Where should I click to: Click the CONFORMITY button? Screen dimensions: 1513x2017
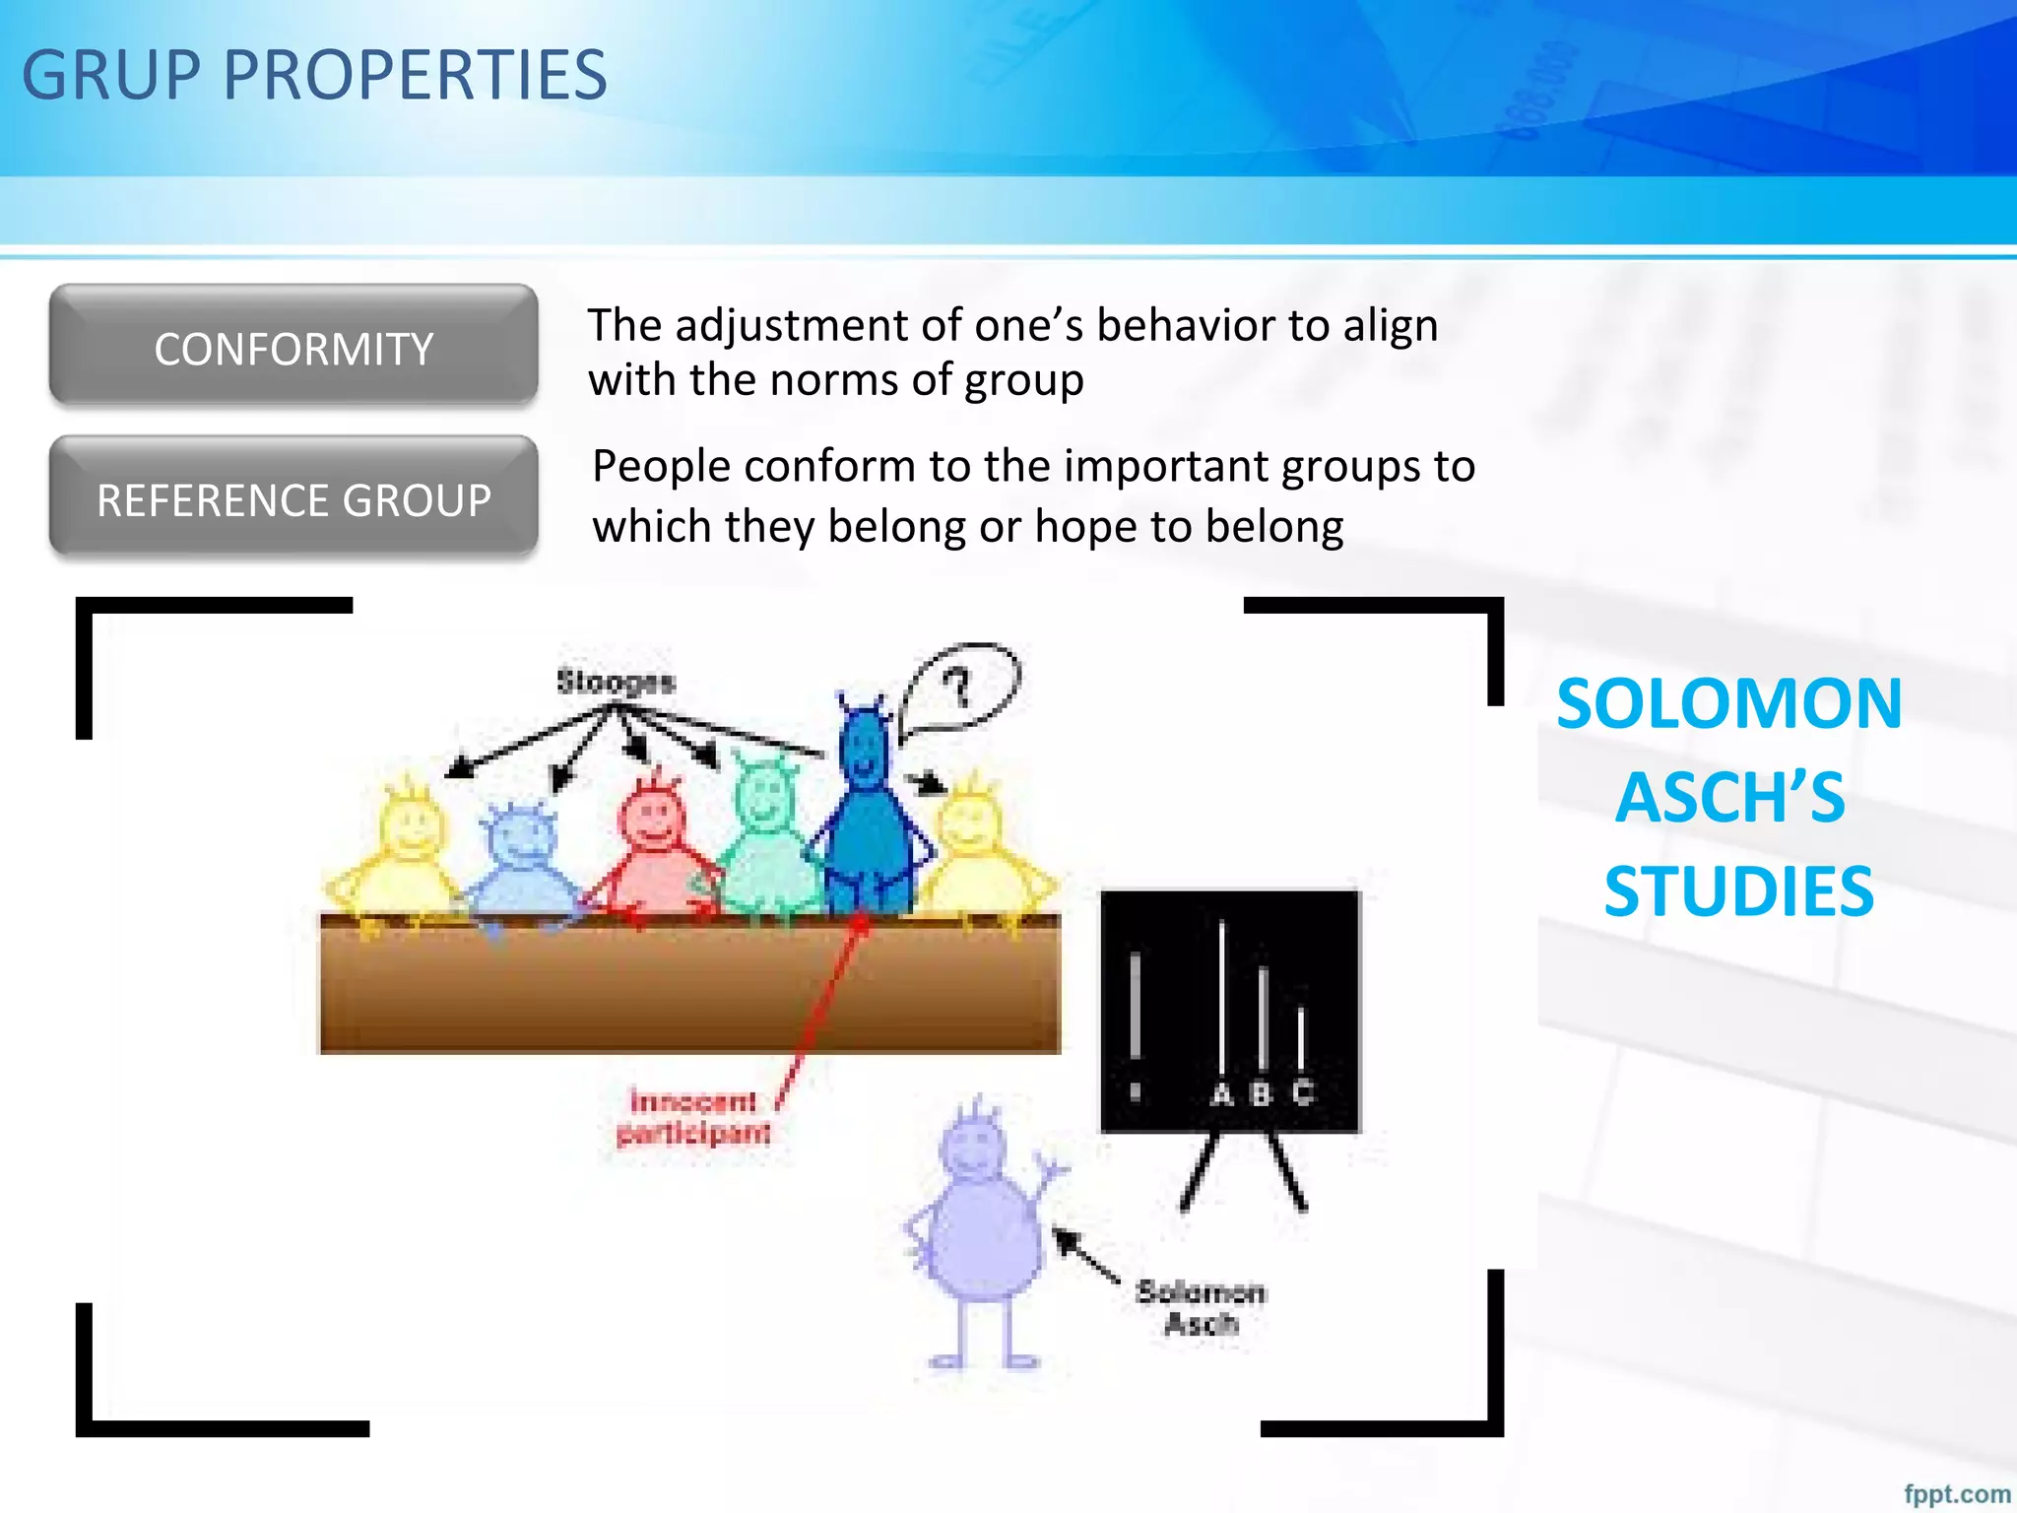point(293,348)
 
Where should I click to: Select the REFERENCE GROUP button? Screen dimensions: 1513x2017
point(293,499)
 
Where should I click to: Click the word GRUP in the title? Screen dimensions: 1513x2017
point(111,76)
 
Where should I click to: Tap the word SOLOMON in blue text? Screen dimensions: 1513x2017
point(1728,704)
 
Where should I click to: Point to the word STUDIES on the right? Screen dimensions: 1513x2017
point(1738,891)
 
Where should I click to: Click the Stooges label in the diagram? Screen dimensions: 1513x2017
point(616,682)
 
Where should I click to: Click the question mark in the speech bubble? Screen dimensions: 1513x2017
point(957,687)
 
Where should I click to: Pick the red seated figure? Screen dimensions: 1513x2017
point(654,847)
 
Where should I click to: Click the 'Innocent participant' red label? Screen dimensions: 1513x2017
point(693,1117)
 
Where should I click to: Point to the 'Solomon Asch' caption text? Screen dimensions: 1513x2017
point(1200,1307)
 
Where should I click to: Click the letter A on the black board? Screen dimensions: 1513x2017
point(1221,1093)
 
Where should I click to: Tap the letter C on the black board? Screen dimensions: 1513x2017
point(1302,1091)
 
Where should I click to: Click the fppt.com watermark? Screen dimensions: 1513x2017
point(1956,1493)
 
